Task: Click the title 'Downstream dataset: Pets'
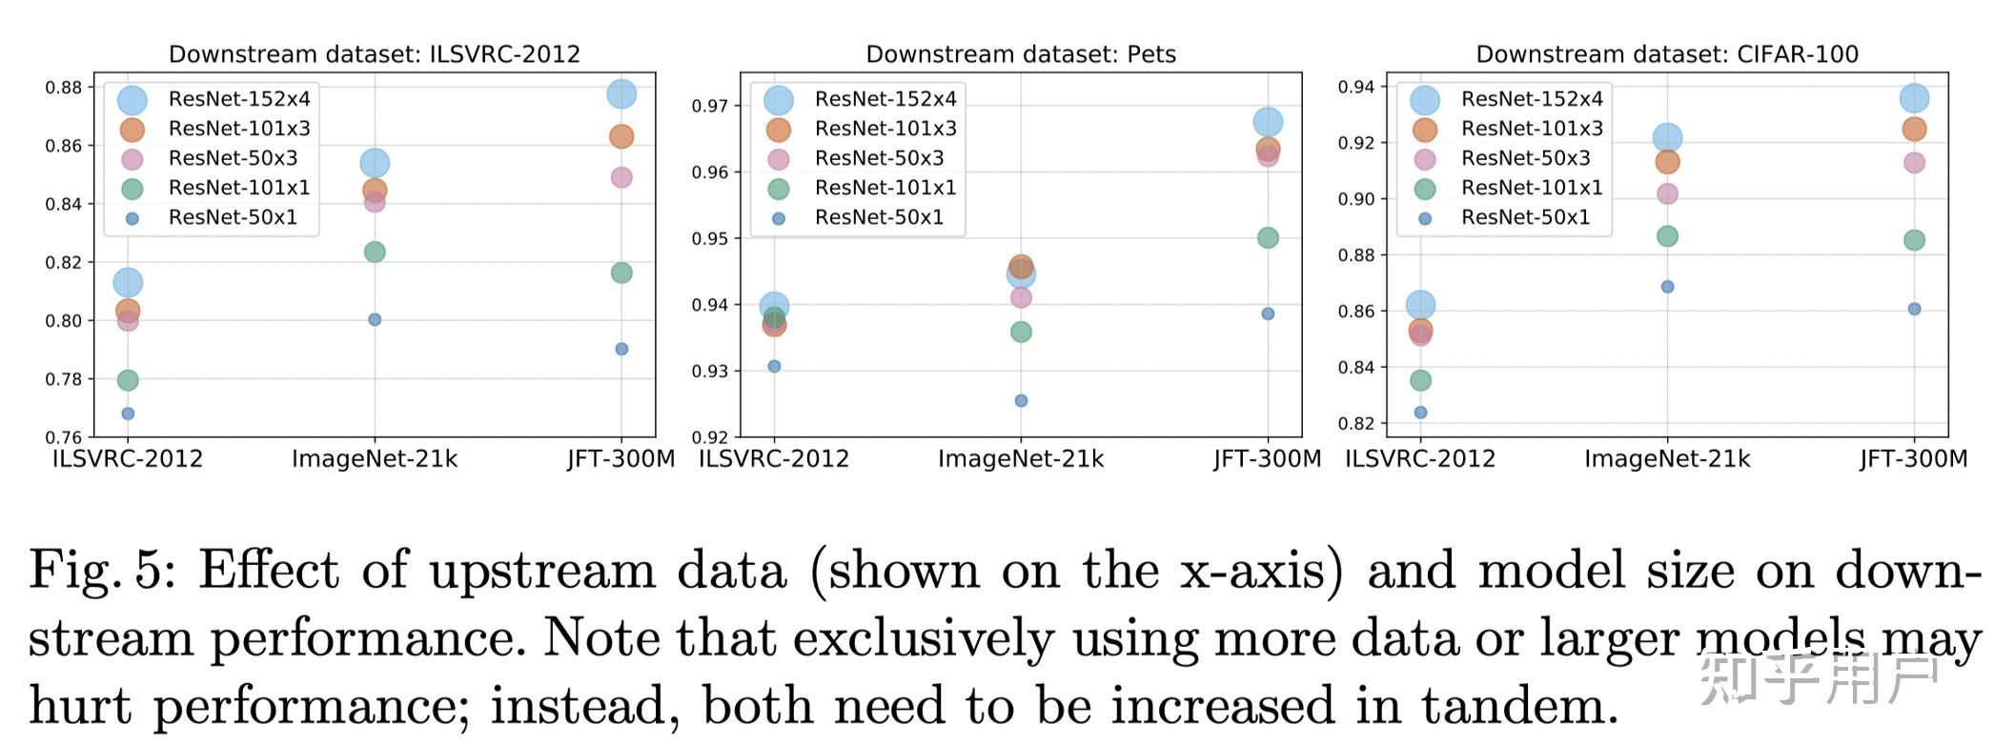[x=1020, y=54]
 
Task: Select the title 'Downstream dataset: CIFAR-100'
[x=1666, y=54]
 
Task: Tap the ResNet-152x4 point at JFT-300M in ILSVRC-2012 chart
[x=621, y=94]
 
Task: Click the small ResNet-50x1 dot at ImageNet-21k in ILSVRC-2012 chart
[x=375, y=319]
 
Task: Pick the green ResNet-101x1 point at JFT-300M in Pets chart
[x=1268, y=238]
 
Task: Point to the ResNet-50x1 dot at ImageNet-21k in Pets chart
[x=1021, y=401]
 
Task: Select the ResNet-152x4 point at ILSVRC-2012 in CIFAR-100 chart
[x=1420, y=305]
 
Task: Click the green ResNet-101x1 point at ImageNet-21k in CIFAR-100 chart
[x=1667, y=236]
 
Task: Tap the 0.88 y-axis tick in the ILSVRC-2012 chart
[x=64, y=88]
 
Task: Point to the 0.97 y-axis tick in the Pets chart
[x=710, y=106]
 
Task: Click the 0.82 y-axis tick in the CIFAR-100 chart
[x=1356, y=423]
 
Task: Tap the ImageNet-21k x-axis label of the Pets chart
[x=1021, y=459]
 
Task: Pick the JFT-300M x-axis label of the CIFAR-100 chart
[x=1913, y=459]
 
